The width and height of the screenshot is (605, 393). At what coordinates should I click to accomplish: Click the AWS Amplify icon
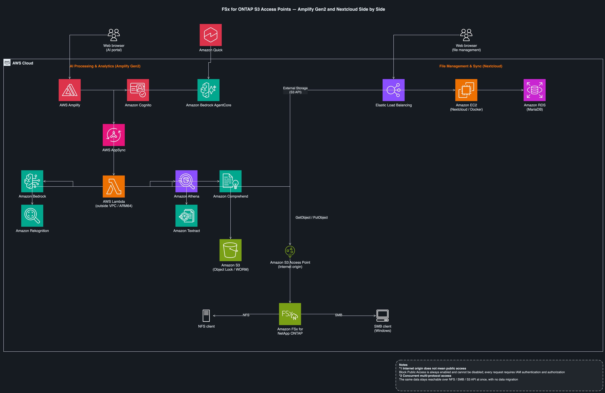tap(70, 90)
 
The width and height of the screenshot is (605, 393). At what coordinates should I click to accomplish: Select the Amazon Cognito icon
tap(138, 90)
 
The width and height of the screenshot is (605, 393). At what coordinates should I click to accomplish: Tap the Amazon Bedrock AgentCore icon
tap(209, 90)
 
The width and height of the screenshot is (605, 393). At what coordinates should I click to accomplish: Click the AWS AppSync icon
tap(114, 135)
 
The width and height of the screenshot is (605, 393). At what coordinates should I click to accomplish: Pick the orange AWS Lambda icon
tap(114, 186)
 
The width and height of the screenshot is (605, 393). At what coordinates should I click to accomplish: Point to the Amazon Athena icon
tap(186, 181)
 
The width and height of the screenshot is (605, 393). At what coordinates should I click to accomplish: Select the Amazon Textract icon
tap(186, 216)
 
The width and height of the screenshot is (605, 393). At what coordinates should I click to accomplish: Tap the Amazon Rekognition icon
tap(32, 216)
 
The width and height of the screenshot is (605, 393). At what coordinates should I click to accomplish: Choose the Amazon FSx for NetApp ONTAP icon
tap(290, 314)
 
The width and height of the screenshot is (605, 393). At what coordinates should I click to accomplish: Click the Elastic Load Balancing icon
tap(393, 90)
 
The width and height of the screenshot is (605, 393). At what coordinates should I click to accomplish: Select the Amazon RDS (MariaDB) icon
tap(535, 90)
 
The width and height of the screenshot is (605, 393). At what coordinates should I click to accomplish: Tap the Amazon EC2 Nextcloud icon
tap(466, 90)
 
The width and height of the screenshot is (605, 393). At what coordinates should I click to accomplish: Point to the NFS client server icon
tap(206, 316)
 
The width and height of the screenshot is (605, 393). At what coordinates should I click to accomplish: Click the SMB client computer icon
tap(383, 316)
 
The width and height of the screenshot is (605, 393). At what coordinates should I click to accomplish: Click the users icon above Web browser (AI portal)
tap(114, 35)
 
